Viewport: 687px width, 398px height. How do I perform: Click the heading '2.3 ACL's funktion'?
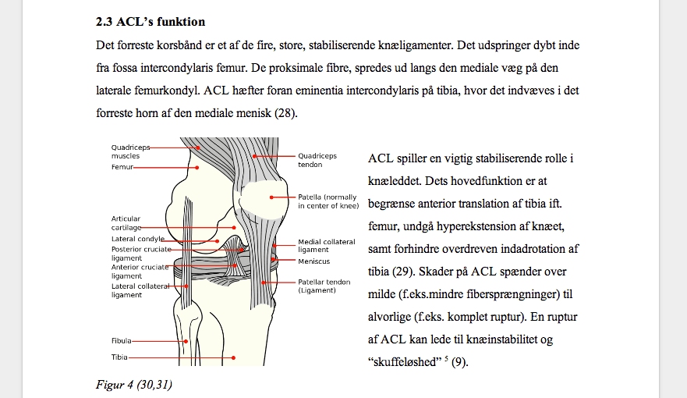point(151,21)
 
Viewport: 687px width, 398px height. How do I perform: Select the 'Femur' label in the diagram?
point(122,167)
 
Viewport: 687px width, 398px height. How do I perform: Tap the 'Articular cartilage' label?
point(127,223)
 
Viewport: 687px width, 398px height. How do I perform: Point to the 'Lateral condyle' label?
point(138,238)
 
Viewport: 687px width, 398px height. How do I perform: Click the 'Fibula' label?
point(121,341)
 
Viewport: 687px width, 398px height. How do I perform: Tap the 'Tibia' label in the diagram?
point(119,357)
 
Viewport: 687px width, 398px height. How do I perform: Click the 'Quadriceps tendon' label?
point(317,160)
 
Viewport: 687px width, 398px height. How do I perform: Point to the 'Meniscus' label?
point(313,261)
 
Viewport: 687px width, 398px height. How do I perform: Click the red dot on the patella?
point(271,197)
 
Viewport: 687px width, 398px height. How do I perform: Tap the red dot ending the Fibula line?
point(186,341)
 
